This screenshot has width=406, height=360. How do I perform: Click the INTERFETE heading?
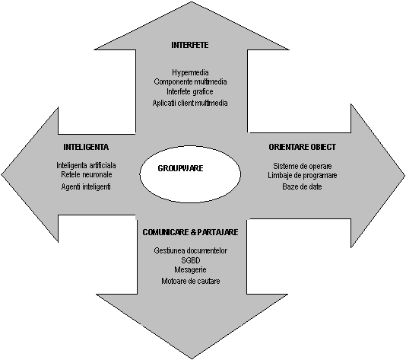(x=190, y=45)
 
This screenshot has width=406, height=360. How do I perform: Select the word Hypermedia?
(x=190, y=72)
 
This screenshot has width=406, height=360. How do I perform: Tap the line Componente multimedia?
(x=190, y=82)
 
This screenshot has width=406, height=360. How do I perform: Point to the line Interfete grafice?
(x=190, y=92)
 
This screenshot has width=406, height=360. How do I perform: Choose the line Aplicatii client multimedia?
(x=190, y=104)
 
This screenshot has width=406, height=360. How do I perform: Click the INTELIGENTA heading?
(x=86, y=147)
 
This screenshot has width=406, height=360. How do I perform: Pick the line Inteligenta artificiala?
(x=86, y=165)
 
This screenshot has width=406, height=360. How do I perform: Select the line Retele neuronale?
(x=87, y=175)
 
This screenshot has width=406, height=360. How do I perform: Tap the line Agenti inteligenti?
(x=86, y=187)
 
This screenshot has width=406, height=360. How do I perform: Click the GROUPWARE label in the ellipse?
(x=180, y=168)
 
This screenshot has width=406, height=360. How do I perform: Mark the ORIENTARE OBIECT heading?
(x=302, y=147)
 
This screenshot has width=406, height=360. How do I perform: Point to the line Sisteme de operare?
(x=303, y=166)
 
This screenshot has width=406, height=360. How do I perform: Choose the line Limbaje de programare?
(x=303, y=176)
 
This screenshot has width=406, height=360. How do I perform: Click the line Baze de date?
(x=302, y=187)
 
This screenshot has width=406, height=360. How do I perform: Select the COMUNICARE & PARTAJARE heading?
(x=190, y=232)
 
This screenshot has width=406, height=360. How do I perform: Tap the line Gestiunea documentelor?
(x=191, y=251)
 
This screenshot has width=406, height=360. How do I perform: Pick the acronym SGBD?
(x=191, y=260)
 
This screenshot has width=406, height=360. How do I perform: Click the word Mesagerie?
(x=190, y=269)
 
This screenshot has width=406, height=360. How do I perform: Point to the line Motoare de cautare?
(x=191, y=281)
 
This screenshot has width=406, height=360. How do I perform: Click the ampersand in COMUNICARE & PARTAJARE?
(x=193, y=232)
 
